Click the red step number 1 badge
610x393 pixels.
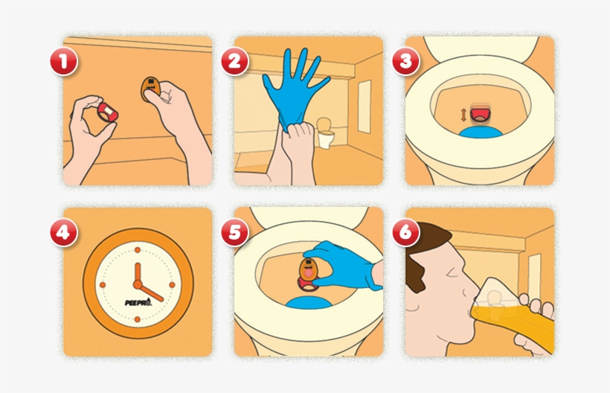[64, 61]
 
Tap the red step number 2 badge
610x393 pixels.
[234, 61]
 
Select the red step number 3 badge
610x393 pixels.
[405, 61]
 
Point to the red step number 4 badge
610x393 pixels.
[64, 232]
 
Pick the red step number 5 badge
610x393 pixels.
[234, 232]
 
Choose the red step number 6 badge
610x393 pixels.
[405, 232]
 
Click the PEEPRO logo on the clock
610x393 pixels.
[138, 302]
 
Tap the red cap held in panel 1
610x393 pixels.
[107, 112]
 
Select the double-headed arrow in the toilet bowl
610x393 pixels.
[463, 115]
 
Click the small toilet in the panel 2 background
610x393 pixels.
[326, 132]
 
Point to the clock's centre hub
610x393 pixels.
[138, 284]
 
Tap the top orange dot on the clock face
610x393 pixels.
[138, 250]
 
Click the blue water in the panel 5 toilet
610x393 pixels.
[309, 303]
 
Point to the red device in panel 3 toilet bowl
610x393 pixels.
[480, 114]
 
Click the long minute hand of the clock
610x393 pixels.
[150, 293]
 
